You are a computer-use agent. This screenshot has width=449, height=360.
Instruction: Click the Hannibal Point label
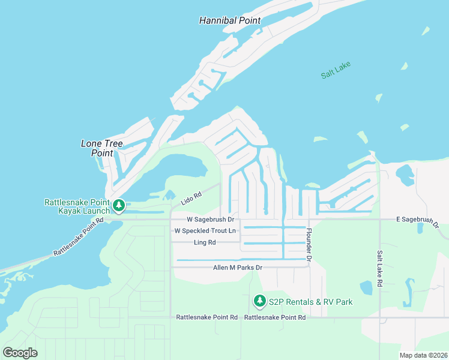[x=230, y=20]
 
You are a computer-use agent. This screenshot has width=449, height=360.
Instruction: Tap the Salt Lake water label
[x=335, y=70]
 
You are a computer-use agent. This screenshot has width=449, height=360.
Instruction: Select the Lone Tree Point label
[x=97, y=148]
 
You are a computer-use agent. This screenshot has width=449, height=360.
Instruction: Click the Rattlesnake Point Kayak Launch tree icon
[x=119, y=206]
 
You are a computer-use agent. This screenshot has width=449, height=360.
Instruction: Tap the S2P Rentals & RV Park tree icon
[x=259, y=300]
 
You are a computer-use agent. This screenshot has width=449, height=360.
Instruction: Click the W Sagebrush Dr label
[x=209, y=220]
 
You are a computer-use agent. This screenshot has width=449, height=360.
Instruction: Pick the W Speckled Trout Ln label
[x=205, y=231]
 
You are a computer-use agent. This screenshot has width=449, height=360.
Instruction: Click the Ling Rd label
[x=205, y=242]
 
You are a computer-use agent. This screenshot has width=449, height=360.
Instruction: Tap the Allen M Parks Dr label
[x=238, y=267]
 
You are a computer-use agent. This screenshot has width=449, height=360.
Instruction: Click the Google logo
[x=20, y=352]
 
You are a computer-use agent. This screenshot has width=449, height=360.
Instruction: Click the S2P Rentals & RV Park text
[x=310, y=301]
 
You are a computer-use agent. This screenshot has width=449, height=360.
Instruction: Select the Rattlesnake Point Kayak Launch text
[x=77, y=206]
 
